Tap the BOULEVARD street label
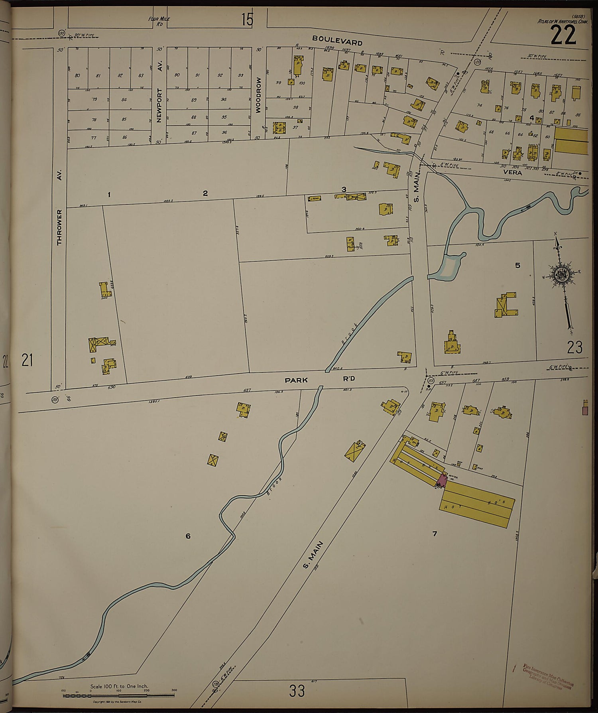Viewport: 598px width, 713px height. point(337,40)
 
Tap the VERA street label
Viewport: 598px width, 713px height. point(512,173)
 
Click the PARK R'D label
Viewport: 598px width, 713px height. point(319,380)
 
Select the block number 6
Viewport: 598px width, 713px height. point(188,536)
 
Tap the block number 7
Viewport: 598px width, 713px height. point(435,534)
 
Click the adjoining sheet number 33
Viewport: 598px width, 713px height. point(297,691)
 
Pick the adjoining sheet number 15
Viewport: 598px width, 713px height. point(247,20)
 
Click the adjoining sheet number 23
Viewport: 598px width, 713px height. point(574,347)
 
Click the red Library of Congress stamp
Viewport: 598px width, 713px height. point(548,676)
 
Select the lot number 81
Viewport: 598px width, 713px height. point(98,75)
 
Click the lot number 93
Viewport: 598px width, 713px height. point(240,75)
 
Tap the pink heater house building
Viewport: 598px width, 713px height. point(441,480)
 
